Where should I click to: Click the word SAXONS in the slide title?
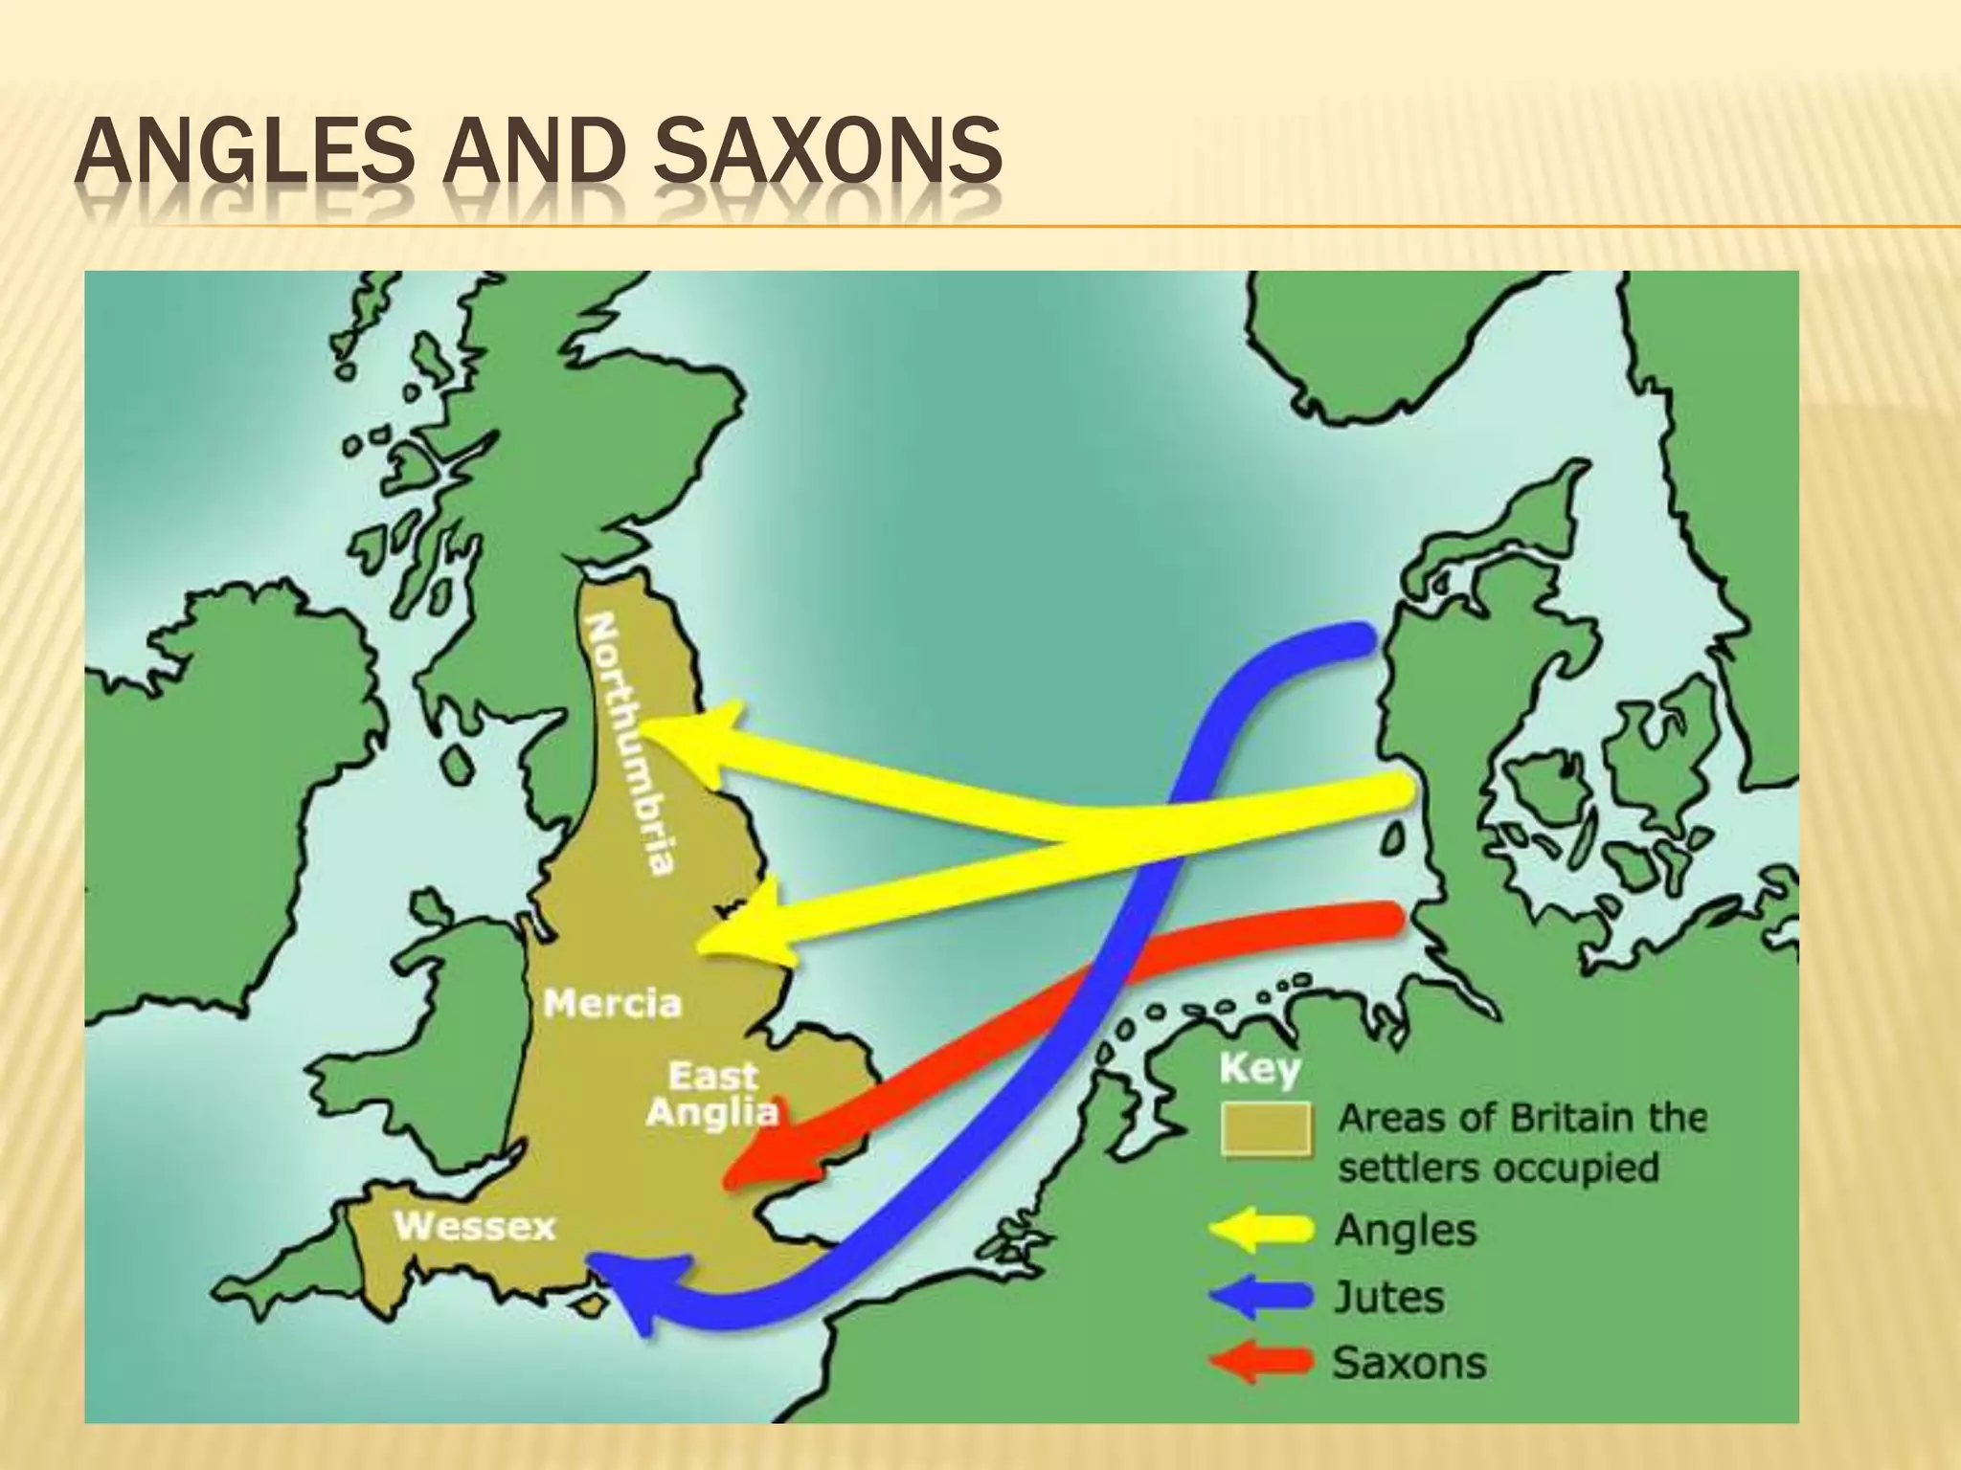(x=830, y=150)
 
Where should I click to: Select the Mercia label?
(x=612, y=1004)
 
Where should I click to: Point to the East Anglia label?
(x=712, y=1094)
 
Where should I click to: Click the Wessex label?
(x=474, y=1227)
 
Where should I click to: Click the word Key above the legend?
(x=1259, y=1068)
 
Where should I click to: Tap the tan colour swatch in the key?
(x=1265, y=1130)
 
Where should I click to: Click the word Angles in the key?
(x=1405, y=1231)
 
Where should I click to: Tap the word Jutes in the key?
(x=1388, y=1298)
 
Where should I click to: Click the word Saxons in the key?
(x=1409, y=1363)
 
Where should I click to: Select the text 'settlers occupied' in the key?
(x=1498, y=1168)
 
